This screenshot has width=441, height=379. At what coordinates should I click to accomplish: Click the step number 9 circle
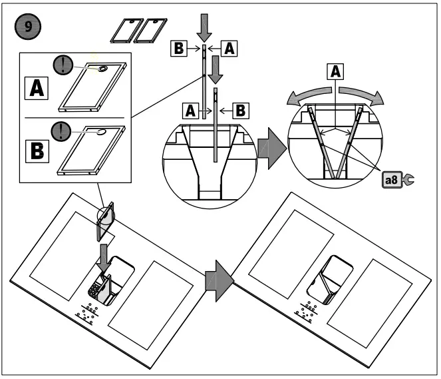[26, 29]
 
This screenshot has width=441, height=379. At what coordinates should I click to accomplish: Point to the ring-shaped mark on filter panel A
[104, 69]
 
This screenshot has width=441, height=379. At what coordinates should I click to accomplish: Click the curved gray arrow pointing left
[308, 96]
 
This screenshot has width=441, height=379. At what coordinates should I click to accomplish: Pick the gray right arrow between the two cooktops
[218, 276]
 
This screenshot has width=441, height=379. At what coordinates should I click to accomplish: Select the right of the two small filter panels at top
[151, 29]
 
